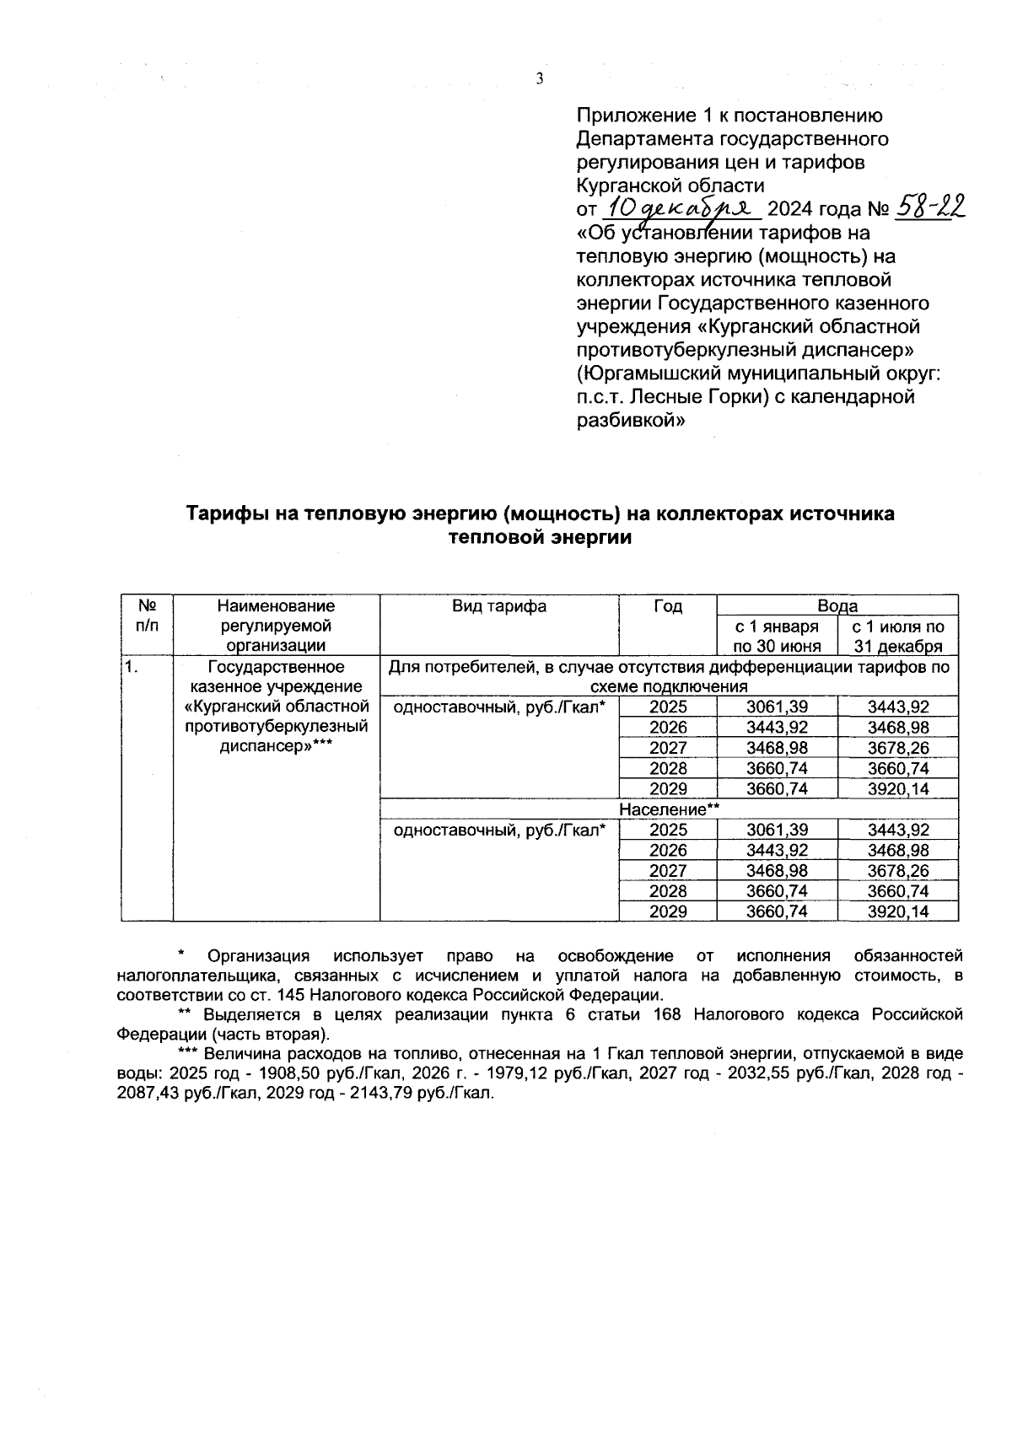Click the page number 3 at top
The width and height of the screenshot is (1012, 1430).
pyautogui.click(x=540, y=79)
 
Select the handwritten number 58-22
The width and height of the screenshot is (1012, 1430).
pyautogui.click(x=928, y=206)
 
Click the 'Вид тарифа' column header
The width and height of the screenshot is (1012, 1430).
pyautogui.click(x=499, y=605)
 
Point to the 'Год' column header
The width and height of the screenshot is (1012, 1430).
pyautogui.click(x=667, y=605)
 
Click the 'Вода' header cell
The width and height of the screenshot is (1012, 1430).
pyautogui.click(x=837, y=605)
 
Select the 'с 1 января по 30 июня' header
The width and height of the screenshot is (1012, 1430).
pyautogui.click(x=777, y=637)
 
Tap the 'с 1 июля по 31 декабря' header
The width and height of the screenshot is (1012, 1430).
pyautogui.click(x=897, y=637)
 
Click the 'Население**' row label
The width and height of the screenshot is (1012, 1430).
pyautogui.click(x=669, y=809)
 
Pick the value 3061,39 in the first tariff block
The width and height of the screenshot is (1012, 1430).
pyautogui.click(x=777, y=707)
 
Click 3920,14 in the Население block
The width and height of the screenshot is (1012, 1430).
pyautogui.click(x=897, y=911)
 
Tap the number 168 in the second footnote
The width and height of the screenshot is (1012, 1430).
pyautogui.click(x=666, y=1014)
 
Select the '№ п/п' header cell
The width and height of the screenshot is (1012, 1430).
pyautogui.click(x=147, y=616)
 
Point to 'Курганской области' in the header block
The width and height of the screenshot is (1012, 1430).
pyautogui.click(x=670, y=185)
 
